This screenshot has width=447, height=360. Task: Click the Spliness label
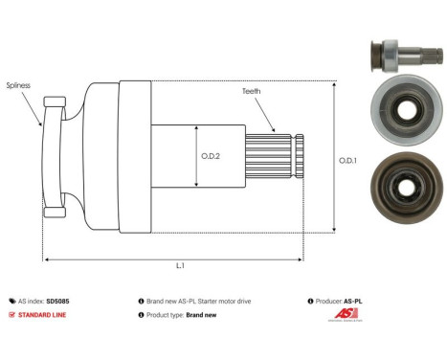[x=17, y=84]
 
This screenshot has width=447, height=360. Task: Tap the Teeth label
[x=251, y=91]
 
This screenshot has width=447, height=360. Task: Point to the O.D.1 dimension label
[x=348, y=160]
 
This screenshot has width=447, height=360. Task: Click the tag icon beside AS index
[x=11, y=301]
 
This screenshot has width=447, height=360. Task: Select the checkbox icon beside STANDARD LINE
[x=11, y=314]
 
